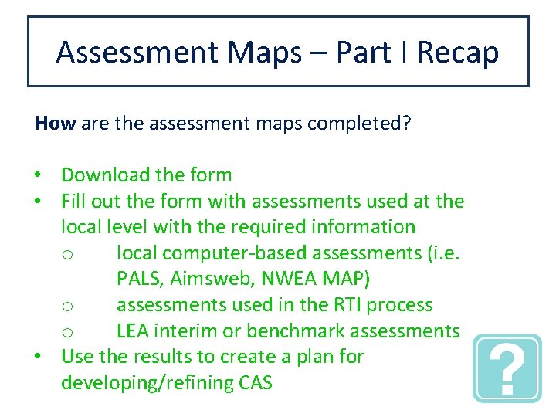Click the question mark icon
tap(507, 368)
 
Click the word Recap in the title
tap(458, 53)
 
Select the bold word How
tap(55, 124)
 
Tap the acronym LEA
tap(134, 331)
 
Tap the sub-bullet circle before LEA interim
tap(68, 332)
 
